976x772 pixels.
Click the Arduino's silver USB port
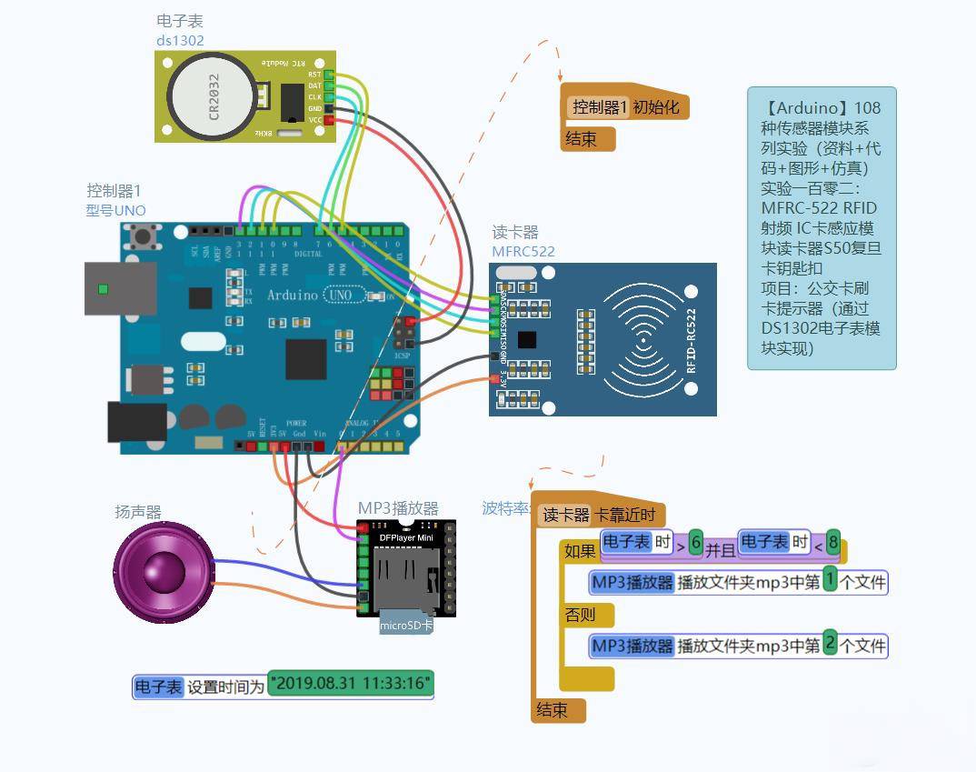point(119,289)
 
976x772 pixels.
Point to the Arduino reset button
point(143,236)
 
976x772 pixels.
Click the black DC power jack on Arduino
point(136,422)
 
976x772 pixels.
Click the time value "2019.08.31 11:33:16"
point(351,684)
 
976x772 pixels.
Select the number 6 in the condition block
point(696,542)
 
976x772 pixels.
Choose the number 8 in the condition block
point(832,542)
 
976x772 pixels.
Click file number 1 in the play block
point(830,582)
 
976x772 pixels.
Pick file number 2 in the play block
point(830,645)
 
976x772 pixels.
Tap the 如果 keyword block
point(581,551)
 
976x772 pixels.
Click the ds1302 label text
point(180,41)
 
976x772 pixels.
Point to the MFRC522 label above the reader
point(523,252)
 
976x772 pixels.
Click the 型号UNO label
point(115,210)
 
